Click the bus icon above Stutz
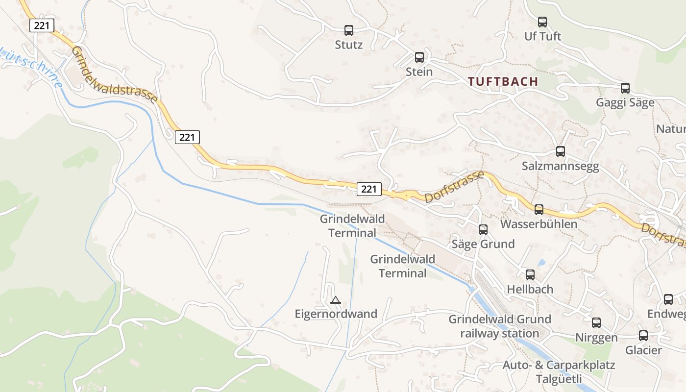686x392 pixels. [349, 30]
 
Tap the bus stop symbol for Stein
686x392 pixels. [419, 57]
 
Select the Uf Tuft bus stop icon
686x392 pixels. [542, 22]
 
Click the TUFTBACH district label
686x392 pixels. [503, 81]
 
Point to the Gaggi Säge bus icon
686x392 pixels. [625, 88]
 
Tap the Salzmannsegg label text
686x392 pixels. [560, 167]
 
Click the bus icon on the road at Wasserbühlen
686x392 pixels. [539, 210]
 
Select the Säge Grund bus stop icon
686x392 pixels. [483, 229]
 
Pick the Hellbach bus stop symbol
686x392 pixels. [530, 275]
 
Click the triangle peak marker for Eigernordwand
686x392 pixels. [336, 300]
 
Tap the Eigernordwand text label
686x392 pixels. [336, 314]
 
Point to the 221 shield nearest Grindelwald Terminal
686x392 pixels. [369, 189]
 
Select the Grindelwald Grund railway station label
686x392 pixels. [500, 326]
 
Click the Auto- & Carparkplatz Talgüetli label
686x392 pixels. [559, 372]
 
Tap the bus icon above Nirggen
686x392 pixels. [596, 323]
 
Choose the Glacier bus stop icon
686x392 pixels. [643, 336]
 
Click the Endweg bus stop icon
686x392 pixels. [668, 299]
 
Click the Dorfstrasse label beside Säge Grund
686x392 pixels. [454, 187]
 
